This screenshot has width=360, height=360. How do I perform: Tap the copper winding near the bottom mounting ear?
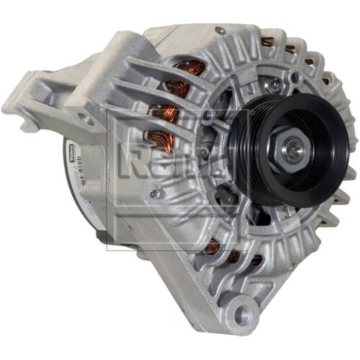(212, 248)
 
